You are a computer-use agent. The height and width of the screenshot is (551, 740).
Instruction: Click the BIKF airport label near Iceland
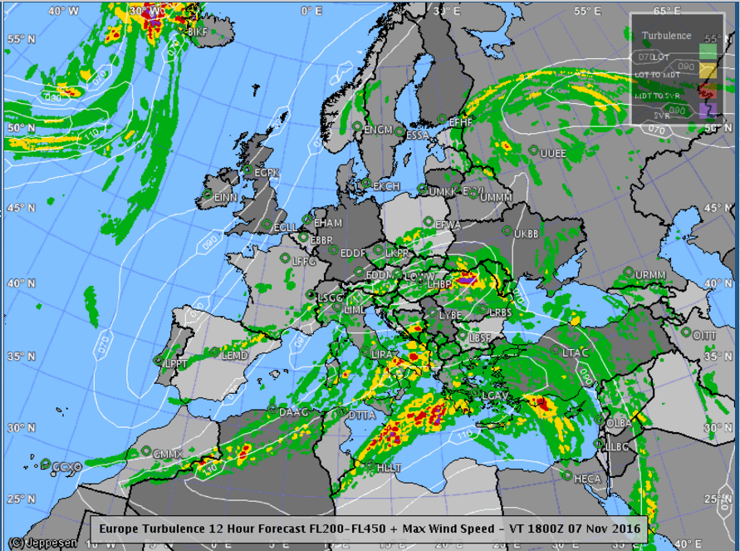click(x=198, y=32)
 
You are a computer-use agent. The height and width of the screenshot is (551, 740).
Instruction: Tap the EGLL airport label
click(x=285, y=228)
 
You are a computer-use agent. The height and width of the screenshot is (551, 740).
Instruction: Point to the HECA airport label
click(x=587, y=479)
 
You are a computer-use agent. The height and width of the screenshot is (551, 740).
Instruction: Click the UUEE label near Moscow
click(x=553, y=153)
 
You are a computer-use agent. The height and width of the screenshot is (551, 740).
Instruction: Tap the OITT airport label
click(x=705, y=335)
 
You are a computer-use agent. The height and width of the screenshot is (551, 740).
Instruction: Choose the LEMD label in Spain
click(x=235, y=356)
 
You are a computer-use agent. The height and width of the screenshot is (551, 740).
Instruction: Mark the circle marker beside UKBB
click(x=507, y=230)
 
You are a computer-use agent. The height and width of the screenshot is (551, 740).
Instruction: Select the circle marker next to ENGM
click(x=357, y=126)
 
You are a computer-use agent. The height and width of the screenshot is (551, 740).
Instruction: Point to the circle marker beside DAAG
click(x=272, y=409)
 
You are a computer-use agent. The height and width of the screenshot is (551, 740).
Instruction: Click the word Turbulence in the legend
click(x=667, y=36)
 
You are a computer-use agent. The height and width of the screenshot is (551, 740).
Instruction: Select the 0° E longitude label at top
click(x=311, y=11)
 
